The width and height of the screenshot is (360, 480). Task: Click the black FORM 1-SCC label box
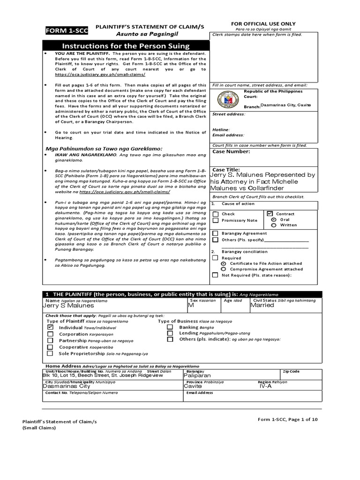(x=60, y=31)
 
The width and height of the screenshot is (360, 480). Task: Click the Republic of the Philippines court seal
(x=225, y=99)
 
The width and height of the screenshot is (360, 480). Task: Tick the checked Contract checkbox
(x=270, y=213)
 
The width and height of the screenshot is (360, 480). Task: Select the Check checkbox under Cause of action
(x=215, y=214)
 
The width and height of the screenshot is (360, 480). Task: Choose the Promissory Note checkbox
(x=215, y=220)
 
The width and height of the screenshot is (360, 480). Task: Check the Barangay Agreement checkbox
(x=215, y=233)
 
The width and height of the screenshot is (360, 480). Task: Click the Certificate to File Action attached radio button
(x=224, y=263)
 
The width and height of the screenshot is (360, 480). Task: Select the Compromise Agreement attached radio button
(x=224, y=269)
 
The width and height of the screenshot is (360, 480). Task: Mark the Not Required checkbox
(x=215, y=275)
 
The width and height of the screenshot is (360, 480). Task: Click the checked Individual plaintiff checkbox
(x=50, y=328)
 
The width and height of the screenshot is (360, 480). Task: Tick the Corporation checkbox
(x=50, y=334)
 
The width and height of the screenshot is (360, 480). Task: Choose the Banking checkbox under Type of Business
(x=171, y=327)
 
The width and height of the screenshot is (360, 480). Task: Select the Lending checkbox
(x=171, y=333)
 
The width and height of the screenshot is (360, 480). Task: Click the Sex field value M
(x=191, y=305)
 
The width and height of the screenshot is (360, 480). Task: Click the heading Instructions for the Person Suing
(x=126, y=46)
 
